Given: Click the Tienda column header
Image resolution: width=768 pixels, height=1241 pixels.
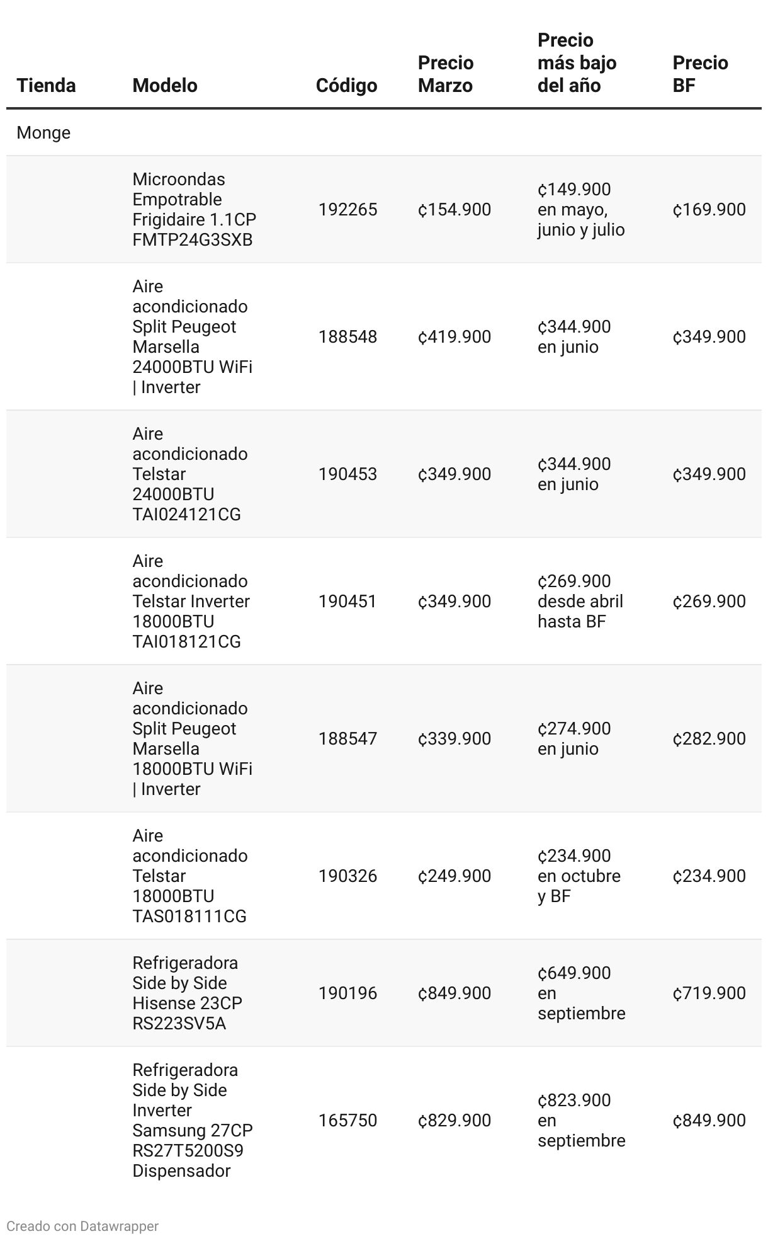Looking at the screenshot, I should (46, 85).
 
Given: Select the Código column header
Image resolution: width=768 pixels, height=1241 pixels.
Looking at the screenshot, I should (346, 85).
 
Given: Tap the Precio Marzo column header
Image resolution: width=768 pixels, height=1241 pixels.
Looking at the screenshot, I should (446, 74).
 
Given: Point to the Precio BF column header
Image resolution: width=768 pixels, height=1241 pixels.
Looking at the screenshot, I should (700, 74).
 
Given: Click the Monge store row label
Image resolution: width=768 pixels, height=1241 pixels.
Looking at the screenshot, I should (43, 132).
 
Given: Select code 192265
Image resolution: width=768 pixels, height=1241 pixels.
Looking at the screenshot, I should (347, 209).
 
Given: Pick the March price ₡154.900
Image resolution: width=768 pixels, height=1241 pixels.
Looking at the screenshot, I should (454, 209).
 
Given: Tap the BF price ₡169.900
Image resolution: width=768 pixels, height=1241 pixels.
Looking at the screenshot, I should (709, 209).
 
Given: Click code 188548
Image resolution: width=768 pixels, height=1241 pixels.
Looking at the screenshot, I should (347, 336).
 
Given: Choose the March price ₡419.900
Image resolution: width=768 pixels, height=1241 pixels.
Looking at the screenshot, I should (454, 336).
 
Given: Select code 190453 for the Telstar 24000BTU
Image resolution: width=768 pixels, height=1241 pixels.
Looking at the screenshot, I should (347, 474).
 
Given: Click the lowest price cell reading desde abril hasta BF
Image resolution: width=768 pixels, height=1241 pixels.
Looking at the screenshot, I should (580, 601).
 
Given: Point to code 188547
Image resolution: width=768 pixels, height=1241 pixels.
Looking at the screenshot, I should (347, 738).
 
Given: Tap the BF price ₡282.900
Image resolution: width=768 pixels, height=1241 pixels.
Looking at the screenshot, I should (709, 738).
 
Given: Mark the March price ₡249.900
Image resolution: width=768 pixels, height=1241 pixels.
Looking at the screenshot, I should (454, 876).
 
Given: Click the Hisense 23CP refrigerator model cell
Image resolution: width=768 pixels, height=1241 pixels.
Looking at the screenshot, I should (187, 993).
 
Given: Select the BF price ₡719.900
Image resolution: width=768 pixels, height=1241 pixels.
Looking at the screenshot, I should (709, 993).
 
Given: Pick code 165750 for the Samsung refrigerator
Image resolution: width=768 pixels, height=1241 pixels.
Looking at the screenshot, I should (347, 1120).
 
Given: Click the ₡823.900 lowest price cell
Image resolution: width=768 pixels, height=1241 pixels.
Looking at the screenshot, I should (581, 1120).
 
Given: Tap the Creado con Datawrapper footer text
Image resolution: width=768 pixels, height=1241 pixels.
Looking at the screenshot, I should (82, 1226).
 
